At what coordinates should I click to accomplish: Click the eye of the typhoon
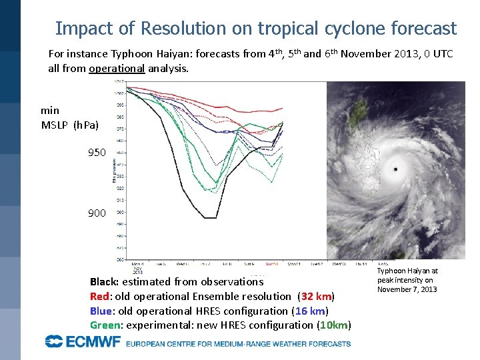396,169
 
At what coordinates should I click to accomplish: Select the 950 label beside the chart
97,153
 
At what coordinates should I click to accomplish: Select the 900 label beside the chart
97,213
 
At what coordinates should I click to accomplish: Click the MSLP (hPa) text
70,125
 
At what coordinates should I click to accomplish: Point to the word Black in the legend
103,281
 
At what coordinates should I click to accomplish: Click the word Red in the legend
99,296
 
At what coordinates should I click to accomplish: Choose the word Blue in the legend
101,311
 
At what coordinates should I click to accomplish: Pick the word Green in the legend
104,325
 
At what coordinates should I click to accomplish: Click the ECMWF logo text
83,343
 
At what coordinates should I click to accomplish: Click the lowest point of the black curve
209,217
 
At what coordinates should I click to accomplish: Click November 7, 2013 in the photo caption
407,289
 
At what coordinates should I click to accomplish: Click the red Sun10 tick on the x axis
273,264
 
